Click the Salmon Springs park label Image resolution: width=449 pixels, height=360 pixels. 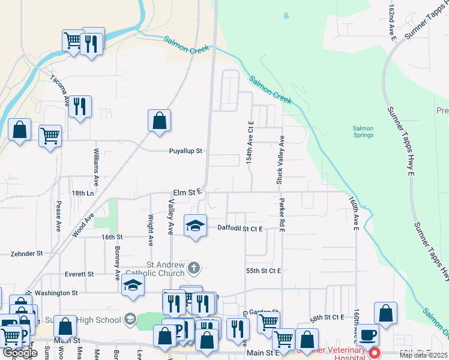[x=363, y=131]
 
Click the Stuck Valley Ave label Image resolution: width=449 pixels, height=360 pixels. [x=280, y=159]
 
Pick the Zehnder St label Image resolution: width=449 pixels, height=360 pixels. [x=26, y=254]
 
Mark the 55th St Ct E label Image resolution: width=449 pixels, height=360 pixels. [x=264, y=271]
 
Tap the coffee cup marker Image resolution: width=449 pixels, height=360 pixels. [x=367, y=334]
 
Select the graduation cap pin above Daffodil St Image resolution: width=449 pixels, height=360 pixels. [x=195, y=226]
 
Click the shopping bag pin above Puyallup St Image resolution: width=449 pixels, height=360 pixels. [x=160, y=121]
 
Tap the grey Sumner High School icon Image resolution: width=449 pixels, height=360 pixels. [x=130, y=320]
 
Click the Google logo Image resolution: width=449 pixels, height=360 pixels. [x=20, y=353]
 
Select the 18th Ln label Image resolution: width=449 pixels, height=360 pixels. [x=83, y=193]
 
